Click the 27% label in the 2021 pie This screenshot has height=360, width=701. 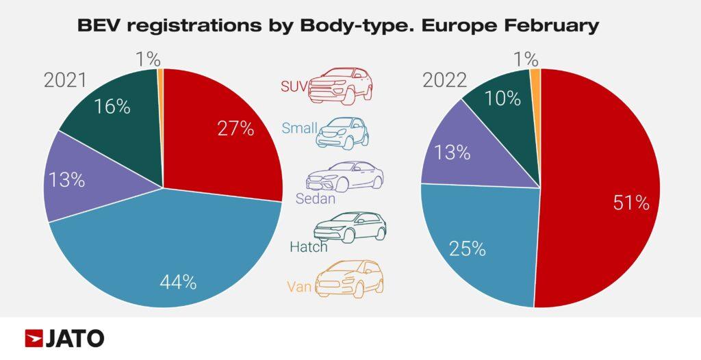click(236, 128)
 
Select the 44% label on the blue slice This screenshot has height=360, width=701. click(178, 281)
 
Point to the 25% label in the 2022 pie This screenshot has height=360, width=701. click(467, 248)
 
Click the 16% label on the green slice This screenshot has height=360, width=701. click(113, 106)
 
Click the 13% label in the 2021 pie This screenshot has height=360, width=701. click(66, 180)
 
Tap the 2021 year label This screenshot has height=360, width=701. click(65, 81)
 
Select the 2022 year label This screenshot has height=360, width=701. click(444, 81)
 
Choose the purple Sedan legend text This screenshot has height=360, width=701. click(316, 198)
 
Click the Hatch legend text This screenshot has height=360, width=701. click(308, 246)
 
